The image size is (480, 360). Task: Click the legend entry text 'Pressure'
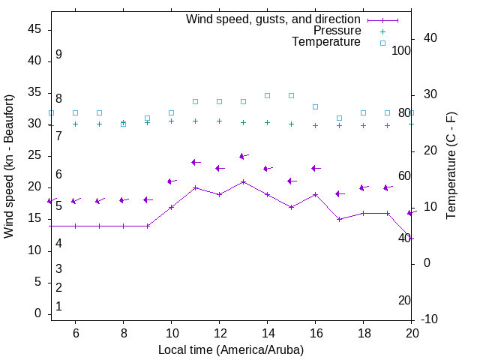[337, 31]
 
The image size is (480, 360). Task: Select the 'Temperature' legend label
[326, 42]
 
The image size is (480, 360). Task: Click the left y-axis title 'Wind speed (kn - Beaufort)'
[9, 166]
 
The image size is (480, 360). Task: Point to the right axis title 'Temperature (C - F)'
[451, 166]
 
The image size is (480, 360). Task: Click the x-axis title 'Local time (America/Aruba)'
[231, 349]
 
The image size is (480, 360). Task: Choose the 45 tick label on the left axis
[34, 29]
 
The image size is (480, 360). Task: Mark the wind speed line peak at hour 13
[243, 181]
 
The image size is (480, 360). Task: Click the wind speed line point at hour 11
[195, 187]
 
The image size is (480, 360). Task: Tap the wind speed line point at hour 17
[339, 219]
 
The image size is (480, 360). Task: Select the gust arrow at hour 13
[243, 156]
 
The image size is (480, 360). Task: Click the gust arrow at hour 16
[315, 168]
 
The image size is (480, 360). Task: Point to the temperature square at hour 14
[267, 95]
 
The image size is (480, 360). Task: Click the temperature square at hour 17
[339, 118]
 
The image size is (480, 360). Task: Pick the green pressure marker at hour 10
[171, 121]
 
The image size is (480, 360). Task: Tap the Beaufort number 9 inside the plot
[58, 55]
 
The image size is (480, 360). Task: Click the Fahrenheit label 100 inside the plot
[401, 50]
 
